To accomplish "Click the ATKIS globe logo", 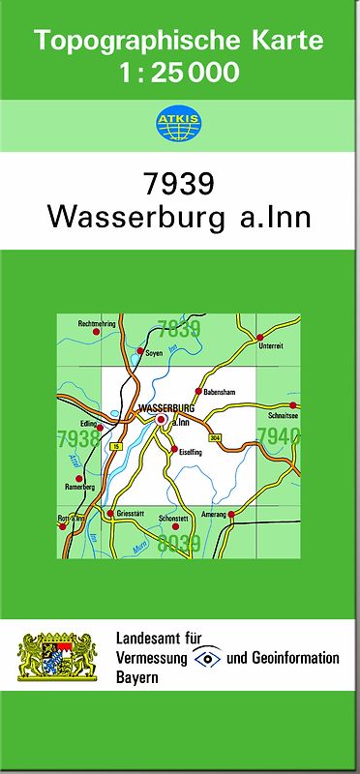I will point(179,123).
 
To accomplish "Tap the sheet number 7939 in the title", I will point(179,185).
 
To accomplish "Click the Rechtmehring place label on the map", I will point(97,323).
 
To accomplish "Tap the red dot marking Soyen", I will point(140,351).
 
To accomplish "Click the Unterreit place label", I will point(272,356).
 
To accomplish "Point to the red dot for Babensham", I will point(197,392).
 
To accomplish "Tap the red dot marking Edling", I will point(99,427).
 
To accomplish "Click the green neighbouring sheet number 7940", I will point(280,436).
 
